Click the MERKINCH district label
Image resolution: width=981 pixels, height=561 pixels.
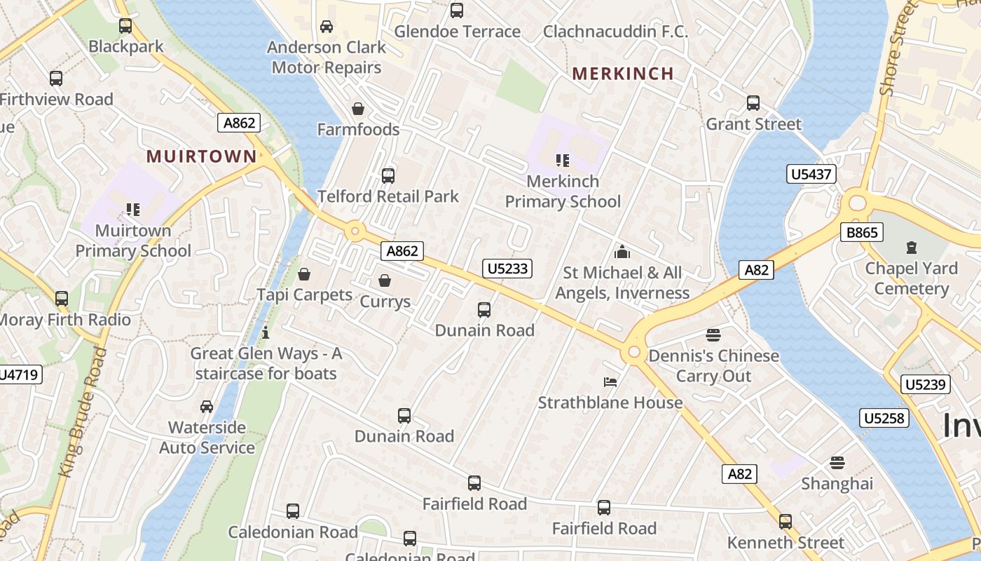pyautogui.click(x=623, y=73)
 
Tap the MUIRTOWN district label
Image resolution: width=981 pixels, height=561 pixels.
pyautogui.click(x=202, y=156)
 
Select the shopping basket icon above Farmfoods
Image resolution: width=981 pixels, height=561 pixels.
pyautogui.click(x=358, y=109)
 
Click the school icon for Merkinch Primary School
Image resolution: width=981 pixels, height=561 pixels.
pyautogui.click(x=562, y=161)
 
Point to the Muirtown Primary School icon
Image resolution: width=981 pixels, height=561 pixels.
pyautogui.click(x=132, y=210)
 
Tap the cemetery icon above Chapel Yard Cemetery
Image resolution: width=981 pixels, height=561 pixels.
pyautogui.click(x=911, y=248)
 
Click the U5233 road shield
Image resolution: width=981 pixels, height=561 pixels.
pyautogui.click(x=507, y=268)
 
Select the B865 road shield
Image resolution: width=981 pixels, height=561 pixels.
pyautogui.click(x=862, y=232)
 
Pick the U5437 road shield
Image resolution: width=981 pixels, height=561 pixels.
pyautogui.click(x=811, y=174)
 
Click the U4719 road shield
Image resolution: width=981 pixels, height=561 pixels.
pyautogui.click(x=19, y=374)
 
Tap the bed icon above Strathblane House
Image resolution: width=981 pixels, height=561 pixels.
pyautogui.click(x=610, y=382)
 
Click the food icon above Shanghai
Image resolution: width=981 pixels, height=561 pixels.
pyautogui.click(x=837, y=463)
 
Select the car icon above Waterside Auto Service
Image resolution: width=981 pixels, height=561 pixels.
pyautogui.click(x=207, y=407)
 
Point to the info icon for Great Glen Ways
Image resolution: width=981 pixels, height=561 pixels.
pyautogui.click(x=266, y=332)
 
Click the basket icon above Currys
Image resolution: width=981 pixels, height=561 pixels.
pyautogui.click(x=385, y=281)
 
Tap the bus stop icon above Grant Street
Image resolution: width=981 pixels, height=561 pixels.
pyautogui.click(x=753, y=103)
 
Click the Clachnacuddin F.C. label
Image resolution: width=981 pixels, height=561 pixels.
pyautogui.click(x=616, y=32)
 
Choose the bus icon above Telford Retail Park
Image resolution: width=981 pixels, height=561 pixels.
pyautogui.click(x=388, y=175)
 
